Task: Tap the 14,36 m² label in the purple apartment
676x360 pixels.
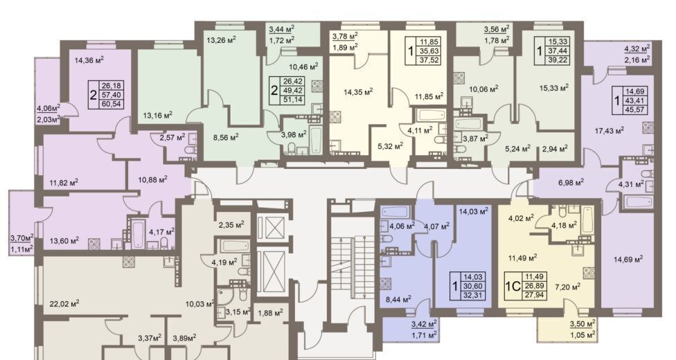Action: point(90,60)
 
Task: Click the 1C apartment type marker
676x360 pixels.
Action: point(513,287)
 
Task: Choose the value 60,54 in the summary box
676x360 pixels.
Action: point(110,103)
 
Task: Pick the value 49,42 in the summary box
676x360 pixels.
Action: point(292,91)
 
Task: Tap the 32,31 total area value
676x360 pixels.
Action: point(473,296)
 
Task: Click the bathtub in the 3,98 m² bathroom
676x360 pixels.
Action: point(315,138)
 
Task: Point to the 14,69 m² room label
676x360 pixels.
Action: point(628,259)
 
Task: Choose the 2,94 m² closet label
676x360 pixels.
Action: point(554,149)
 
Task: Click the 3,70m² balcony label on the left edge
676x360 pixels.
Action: point(22,237)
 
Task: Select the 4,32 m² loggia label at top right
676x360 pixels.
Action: point(637,48)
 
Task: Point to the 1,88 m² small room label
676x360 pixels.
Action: point(270,312)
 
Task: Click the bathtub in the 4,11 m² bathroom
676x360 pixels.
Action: point(431,116)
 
